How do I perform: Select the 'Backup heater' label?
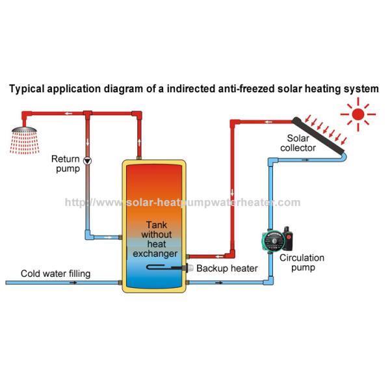pyautogui.click(x=227, y=268)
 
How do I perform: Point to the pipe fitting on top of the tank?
pyautogui.click(x=139, y=156)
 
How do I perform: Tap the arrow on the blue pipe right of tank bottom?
pyautogui.click(x=221, y=283)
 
